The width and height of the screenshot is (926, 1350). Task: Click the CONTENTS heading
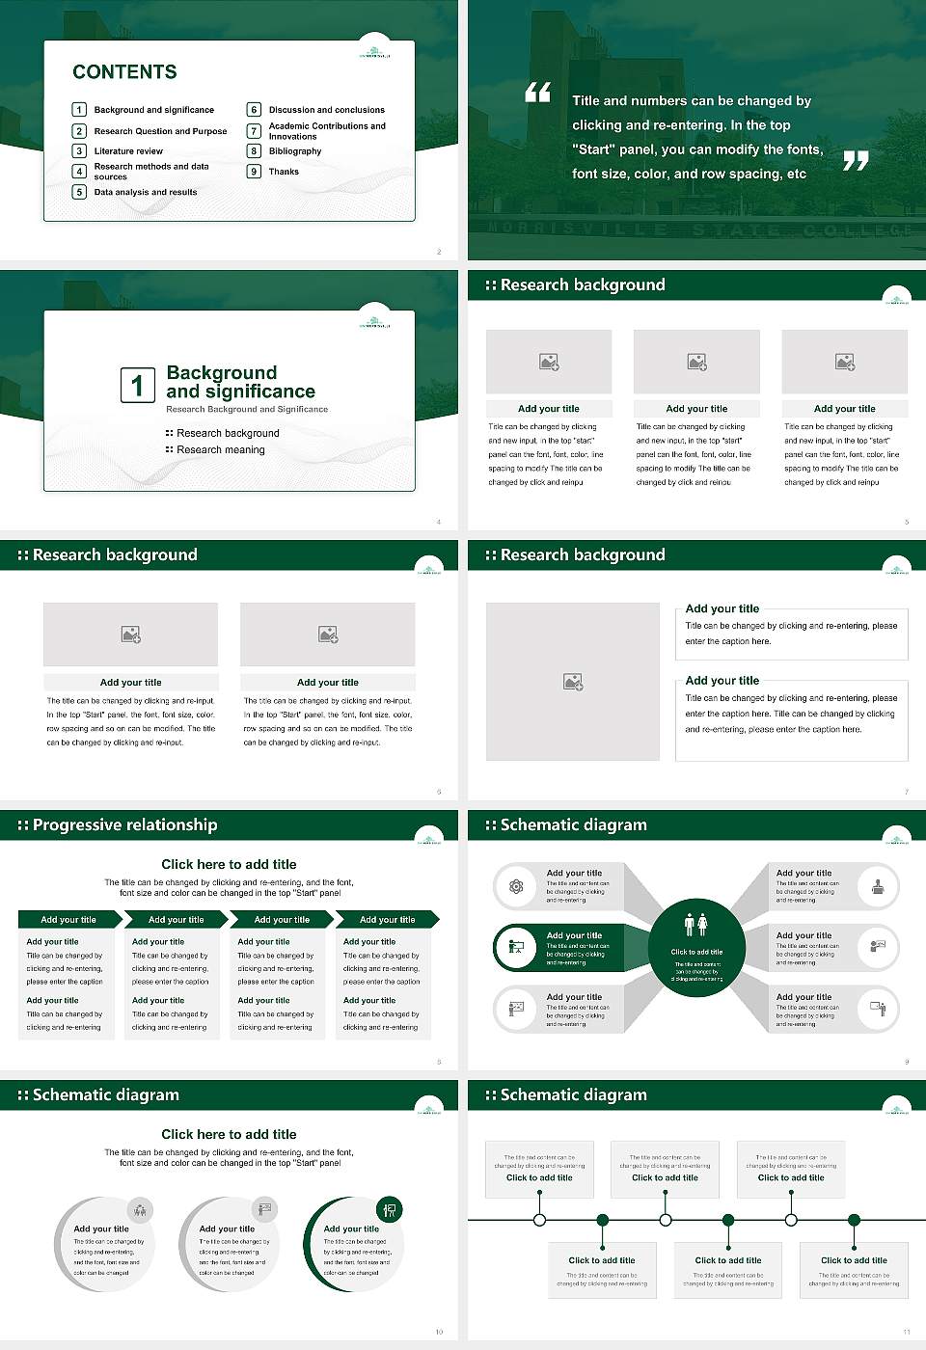point(124,72)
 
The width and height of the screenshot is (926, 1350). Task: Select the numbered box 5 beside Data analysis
point(80,192)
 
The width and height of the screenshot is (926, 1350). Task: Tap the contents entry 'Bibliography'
point(295,151)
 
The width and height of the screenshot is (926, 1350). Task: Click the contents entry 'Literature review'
point(128,151)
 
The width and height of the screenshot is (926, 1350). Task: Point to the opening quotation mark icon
point(537,93)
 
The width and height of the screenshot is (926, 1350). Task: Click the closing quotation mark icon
point(856,161)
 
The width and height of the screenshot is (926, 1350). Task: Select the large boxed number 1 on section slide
point(137,385)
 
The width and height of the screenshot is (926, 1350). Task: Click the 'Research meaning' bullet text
point(220,450)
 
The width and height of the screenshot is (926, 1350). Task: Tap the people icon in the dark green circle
point(696,925)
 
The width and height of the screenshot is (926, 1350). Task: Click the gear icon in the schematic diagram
point(516,886)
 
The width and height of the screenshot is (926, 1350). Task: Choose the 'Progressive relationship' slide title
point(124,825)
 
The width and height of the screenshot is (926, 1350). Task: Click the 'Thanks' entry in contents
point(284,172)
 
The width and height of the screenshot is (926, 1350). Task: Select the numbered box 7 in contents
point(255,131)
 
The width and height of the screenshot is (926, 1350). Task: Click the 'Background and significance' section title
point(240,382)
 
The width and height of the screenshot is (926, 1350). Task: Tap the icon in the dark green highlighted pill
point(516,947)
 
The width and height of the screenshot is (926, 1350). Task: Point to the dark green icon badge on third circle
point(390,1209)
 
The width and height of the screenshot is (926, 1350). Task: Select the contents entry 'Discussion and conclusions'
point(326,110)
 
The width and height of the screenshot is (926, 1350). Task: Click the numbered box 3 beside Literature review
point(80,151)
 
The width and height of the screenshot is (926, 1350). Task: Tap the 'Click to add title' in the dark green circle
point(696,952)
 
